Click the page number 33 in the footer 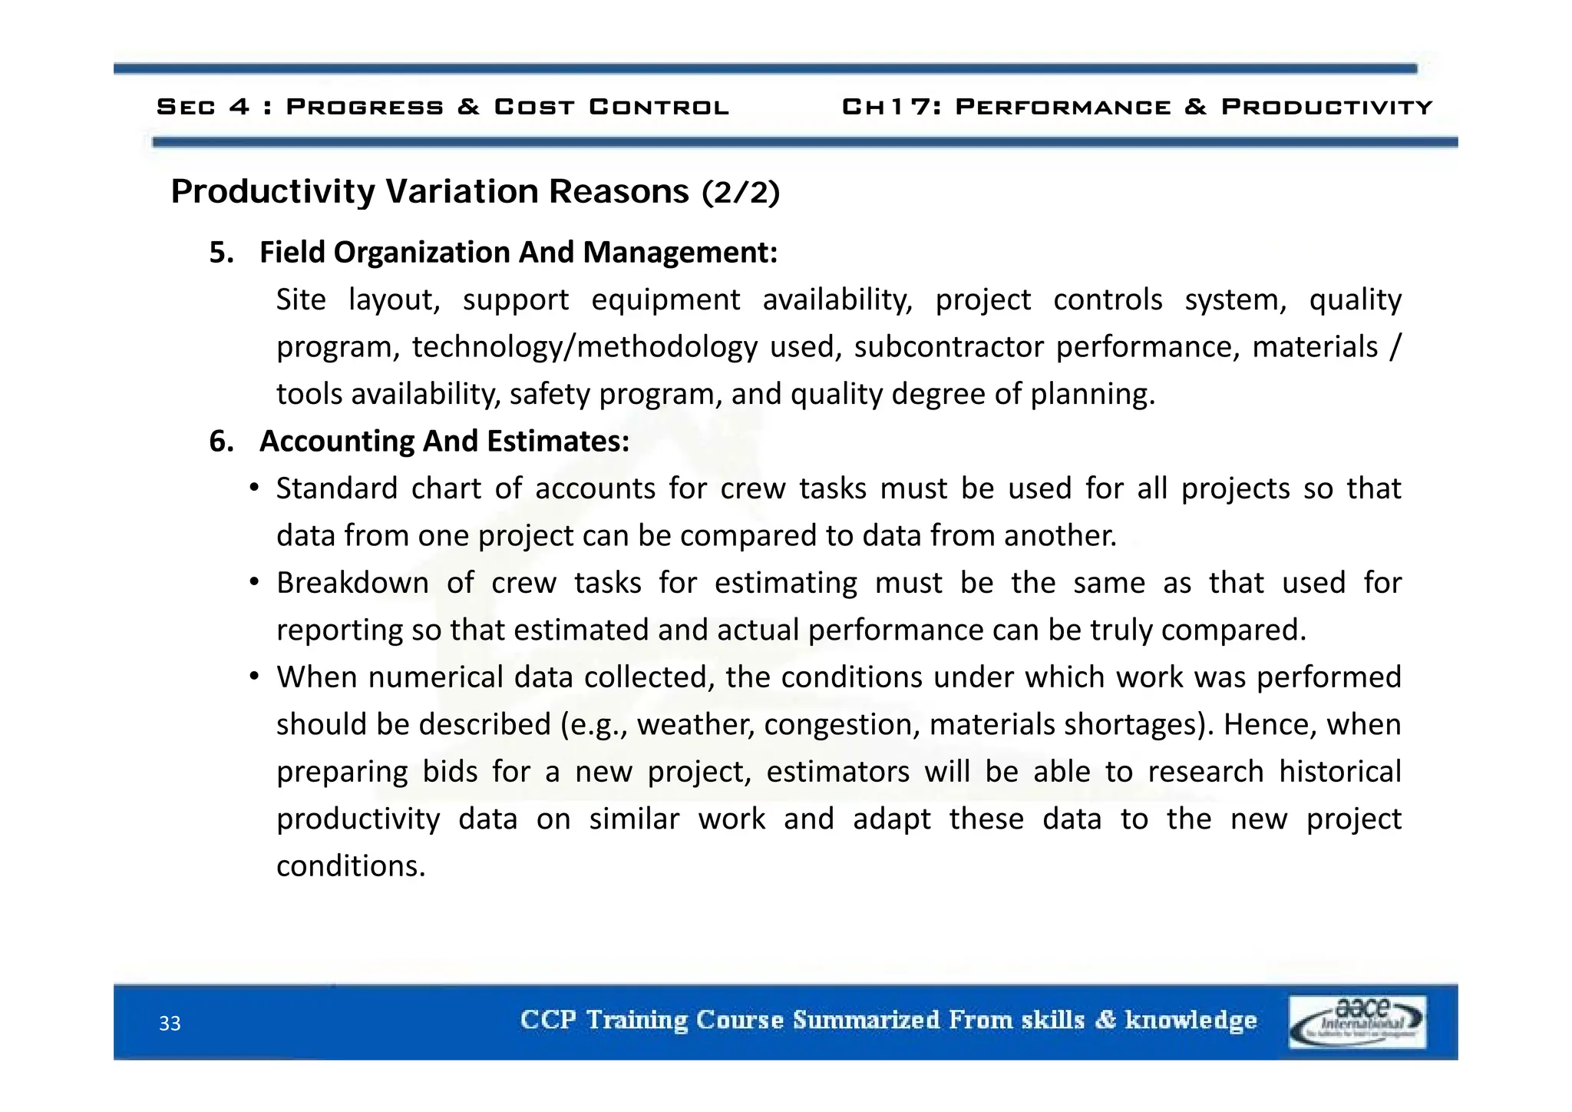coord(170,1024)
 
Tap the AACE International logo coord(1357,1022)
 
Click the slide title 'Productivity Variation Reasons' coord(430,191)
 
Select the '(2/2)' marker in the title coord(741,192)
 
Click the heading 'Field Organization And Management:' coord(518,252)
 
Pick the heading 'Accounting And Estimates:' coord(444,441)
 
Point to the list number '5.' coord(221,252)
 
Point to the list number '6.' coord(221,441)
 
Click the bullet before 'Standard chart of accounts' coord(254,488)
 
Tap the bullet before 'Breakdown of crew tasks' coord(254,583)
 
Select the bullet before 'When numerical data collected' coord(254,677)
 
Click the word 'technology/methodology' coord(584,347)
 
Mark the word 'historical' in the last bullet coord(1339,771)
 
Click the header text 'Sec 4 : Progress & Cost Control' coord(443,107)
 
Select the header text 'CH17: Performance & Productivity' coord(1137,107)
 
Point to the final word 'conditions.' coord(351,866)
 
